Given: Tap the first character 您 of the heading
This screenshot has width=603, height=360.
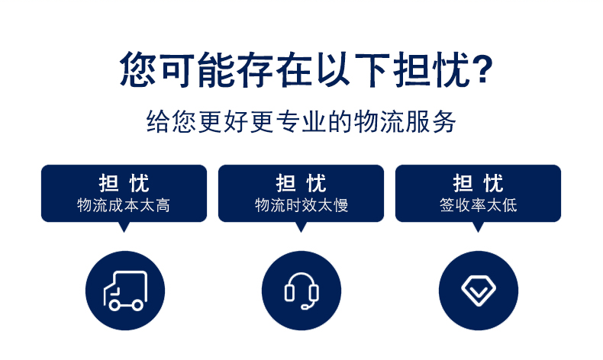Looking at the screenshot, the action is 137,69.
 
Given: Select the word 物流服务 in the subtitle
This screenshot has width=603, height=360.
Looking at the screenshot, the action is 405,122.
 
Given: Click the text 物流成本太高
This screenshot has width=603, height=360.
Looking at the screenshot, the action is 124,205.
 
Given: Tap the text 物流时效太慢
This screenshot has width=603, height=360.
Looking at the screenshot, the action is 301,205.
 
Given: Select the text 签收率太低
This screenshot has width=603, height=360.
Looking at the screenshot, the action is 478,205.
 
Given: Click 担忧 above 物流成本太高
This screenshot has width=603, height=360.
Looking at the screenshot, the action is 124,183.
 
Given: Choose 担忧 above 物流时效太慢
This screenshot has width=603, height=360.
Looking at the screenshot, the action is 301,183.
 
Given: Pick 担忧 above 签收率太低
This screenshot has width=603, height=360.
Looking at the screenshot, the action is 478,183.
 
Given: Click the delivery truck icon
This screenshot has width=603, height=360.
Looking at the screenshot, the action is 125,291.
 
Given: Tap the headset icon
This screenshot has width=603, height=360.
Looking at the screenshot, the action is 301,291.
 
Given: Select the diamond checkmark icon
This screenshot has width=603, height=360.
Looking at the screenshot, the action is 479,291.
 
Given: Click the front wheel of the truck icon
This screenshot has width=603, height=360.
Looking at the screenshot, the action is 114,305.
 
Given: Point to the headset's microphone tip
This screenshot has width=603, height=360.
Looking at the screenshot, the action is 304,307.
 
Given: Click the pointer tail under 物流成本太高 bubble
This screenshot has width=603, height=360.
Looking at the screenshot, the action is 124,227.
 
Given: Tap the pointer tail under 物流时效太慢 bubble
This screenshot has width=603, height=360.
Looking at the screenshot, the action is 301,227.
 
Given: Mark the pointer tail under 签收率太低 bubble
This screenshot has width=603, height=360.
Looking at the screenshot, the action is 478,227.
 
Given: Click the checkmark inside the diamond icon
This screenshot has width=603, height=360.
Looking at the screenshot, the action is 479,293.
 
